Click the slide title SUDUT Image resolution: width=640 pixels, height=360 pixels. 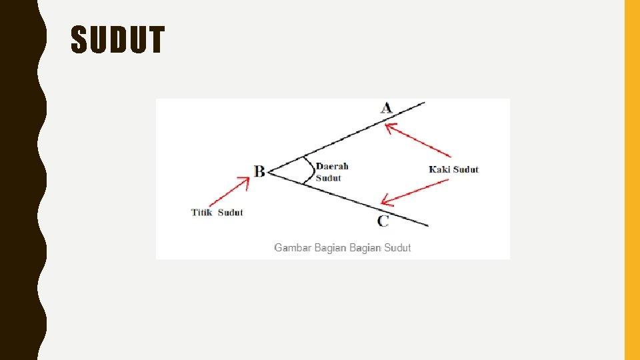117,41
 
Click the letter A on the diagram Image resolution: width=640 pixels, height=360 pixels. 387,107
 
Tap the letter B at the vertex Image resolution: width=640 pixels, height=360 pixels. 259,171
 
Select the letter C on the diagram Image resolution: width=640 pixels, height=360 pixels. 383,221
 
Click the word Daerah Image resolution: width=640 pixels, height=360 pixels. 332,166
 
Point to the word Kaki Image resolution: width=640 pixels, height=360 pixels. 439,169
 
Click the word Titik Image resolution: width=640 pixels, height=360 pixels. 202,213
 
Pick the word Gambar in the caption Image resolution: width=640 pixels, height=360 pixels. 293,248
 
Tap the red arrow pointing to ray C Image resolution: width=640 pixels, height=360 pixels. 413,192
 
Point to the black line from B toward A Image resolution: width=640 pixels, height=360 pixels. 347,136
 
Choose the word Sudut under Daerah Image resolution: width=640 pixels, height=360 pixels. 328,178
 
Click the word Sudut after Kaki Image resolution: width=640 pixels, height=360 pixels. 466,169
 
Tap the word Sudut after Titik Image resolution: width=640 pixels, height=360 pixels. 231,213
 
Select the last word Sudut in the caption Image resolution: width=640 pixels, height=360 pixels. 397,248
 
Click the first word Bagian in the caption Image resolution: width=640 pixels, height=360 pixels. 329,248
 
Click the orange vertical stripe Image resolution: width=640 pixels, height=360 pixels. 632,180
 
